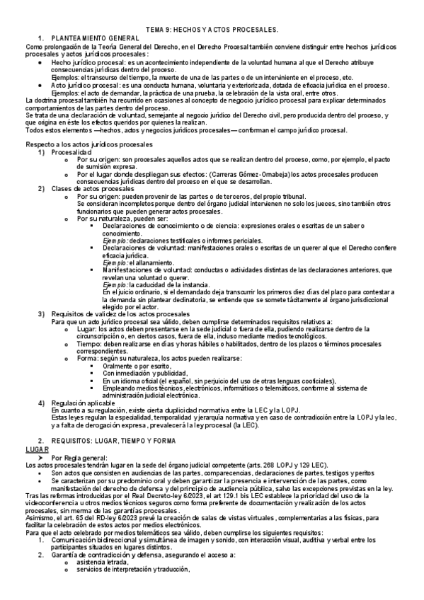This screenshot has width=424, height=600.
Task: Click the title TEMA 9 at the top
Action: pyautogui.click(x=212, y=30)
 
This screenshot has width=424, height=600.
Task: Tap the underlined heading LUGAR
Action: pyautogui.click(x=37, y=449)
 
